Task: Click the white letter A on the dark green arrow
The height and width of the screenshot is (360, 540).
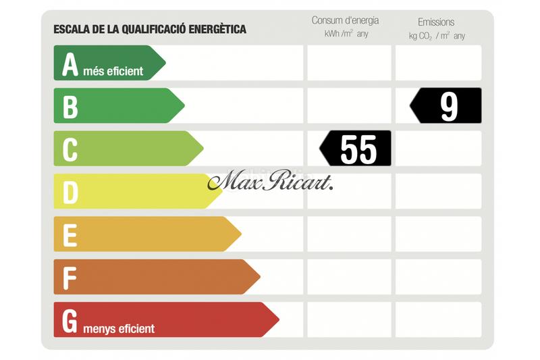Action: tap(70, 64)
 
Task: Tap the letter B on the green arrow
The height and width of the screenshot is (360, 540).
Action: tap(70, 106)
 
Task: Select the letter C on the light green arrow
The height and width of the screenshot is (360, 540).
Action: tap(70, 149)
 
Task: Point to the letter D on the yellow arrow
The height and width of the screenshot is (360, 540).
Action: tap(70, 192)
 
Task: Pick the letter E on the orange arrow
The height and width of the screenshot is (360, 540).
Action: tap(70, 235)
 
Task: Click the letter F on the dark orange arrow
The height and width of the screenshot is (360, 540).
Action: tap(70, 278)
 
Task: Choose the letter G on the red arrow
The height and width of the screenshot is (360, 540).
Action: tap(70, 321)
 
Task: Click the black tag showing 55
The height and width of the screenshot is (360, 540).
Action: tap(356, 149)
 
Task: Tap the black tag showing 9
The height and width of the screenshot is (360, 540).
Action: tap(447, 106)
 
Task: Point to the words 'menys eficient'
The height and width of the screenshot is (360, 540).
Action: tap(119, 329)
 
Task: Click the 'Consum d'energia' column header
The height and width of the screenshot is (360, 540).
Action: tap(345, 20)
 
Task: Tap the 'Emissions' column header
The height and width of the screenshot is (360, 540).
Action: tap(436, 22)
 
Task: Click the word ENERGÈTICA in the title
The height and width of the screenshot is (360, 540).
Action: tap(215, 29)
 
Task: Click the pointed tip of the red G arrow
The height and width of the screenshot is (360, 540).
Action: tap(277, 319)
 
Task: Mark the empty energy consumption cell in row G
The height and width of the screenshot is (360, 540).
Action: tap(349, 319)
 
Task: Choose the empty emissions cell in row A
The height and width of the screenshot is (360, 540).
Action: tap(438, 63)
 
